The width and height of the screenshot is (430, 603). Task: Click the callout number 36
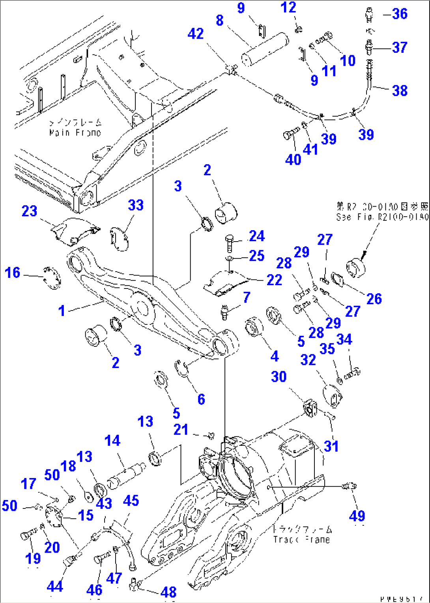(x=400, y=14)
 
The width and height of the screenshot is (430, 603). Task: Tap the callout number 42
(x=196, y=34)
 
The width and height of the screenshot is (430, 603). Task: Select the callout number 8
(x=220, y=20)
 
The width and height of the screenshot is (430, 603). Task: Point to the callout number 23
(x=29, y=211)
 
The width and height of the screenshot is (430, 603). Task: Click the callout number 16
(x=13, y=272)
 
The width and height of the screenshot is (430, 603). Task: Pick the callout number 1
(x=62, y=311)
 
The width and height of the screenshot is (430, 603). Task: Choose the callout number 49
(x=357, y=516)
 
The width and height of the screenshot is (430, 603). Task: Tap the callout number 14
(x=112, y=441)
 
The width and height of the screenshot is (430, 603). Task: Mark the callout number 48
(x=168, y=592)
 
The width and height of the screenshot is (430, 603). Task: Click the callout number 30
(x=279, y=377)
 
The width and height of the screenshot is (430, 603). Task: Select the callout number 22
(x=274, y=280)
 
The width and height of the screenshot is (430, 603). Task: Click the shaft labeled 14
(x=126, y=475)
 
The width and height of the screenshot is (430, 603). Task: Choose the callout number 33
(x=136, y=205)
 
